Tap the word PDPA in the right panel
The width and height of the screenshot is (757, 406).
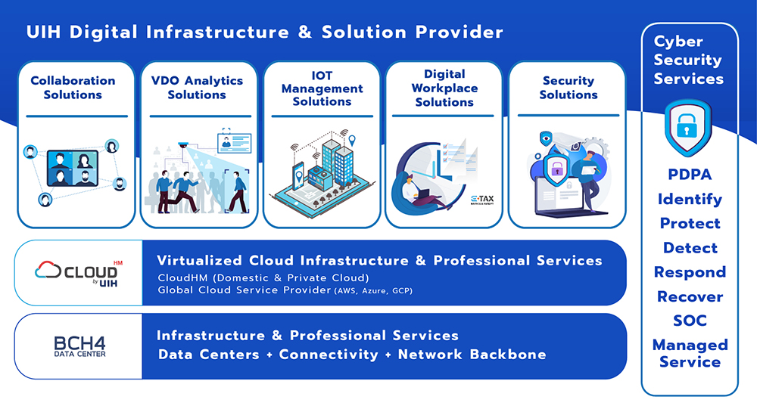tap(690, 175)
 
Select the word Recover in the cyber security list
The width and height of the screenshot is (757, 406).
tap(690, 296)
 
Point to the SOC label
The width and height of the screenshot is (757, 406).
tap(690, 321)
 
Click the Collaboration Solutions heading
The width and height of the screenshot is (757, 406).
tap(73, 88)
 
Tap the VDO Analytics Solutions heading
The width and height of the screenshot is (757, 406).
tap(197, 88)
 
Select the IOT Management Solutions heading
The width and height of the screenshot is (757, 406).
tap(322, 88)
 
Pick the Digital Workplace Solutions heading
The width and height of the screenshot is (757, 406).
tap(444, 88)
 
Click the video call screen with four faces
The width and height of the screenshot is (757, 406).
tap(73, 168)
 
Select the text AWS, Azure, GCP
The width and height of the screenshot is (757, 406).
tap(374, 290)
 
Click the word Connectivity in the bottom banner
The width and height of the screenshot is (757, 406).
tap(329, 355)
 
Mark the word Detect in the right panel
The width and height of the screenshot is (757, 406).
tap(690, 248)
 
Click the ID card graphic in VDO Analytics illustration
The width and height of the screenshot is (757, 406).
tap(233, 143)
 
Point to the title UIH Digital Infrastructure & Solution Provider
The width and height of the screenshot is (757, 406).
tap(264, 33)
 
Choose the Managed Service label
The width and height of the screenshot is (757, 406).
tap(690, 353)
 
